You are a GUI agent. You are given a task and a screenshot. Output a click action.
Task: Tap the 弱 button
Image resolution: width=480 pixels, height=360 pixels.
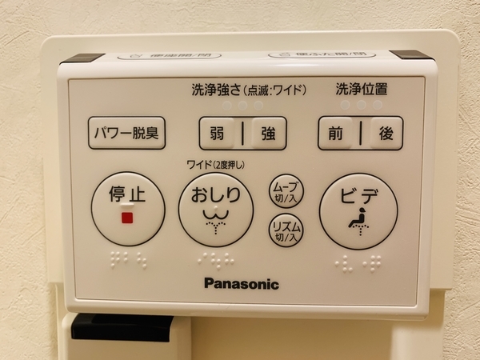[x=218, y=134]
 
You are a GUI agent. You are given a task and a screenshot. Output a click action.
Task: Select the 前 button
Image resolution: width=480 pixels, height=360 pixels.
[x=335, y=134]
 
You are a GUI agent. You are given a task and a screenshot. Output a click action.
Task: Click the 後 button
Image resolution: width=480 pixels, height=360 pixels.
[x=386, y=134]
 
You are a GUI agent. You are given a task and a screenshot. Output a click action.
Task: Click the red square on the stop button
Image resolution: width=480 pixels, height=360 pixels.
[x=126, y=217]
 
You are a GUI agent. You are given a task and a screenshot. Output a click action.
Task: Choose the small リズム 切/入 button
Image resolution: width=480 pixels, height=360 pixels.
[x=286, y=230]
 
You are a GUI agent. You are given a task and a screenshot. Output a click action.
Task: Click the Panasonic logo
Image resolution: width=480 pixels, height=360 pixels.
[x=241, y=283]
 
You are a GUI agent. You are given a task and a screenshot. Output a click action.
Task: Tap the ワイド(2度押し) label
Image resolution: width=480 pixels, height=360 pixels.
[x=215, y=165]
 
